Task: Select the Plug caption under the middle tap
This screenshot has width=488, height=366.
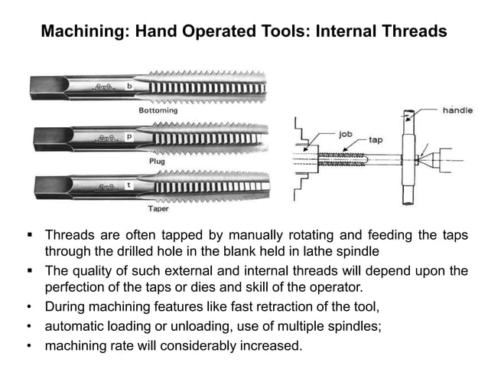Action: pyautogui.click(x=156, y=162)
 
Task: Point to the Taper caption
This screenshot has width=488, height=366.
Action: pyautogui.click(x=158, y=208)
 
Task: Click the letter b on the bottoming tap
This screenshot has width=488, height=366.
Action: pyautogui.click(x=129, y=87)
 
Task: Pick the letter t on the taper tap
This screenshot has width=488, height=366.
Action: pyautogui.click(x=129, y=184)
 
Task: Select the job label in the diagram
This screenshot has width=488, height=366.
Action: pyautogui.click(x=345, y=132)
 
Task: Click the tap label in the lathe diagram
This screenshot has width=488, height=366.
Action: pyautogui.click(x=376, y=140)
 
